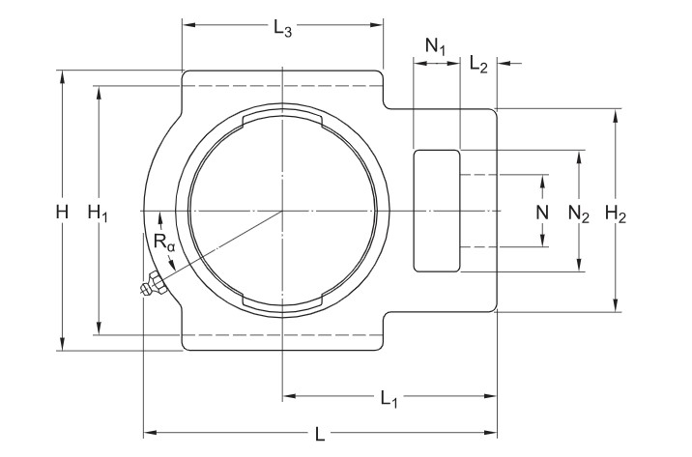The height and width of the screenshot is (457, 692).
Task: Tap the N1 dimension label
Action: [437, 45]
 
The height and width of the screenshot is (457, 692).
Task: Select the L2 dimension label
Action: [478, 65]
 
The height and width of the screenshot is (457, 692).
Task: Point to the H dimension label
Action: [63, 212]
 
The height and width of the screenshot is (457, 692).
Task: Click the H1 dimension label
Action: [98, 213]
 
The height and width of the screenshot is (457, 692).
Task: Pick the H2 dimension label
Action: [616, 214]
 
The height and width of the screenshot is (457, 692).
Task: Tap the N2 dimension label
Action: [579, 214]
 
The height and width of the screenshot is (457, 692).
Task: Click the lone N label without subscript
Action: [543, 212]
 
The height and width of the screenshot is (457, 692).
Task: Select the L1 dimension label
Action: [389, 397]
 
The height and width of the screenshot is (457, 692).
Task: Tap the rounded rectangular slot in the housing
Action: [437, 211]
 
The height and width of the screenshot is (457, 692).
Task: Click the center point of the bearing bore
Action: [282, 211]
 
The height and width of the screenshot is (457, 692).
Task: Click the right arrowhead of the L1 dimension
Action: [492, 395]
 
